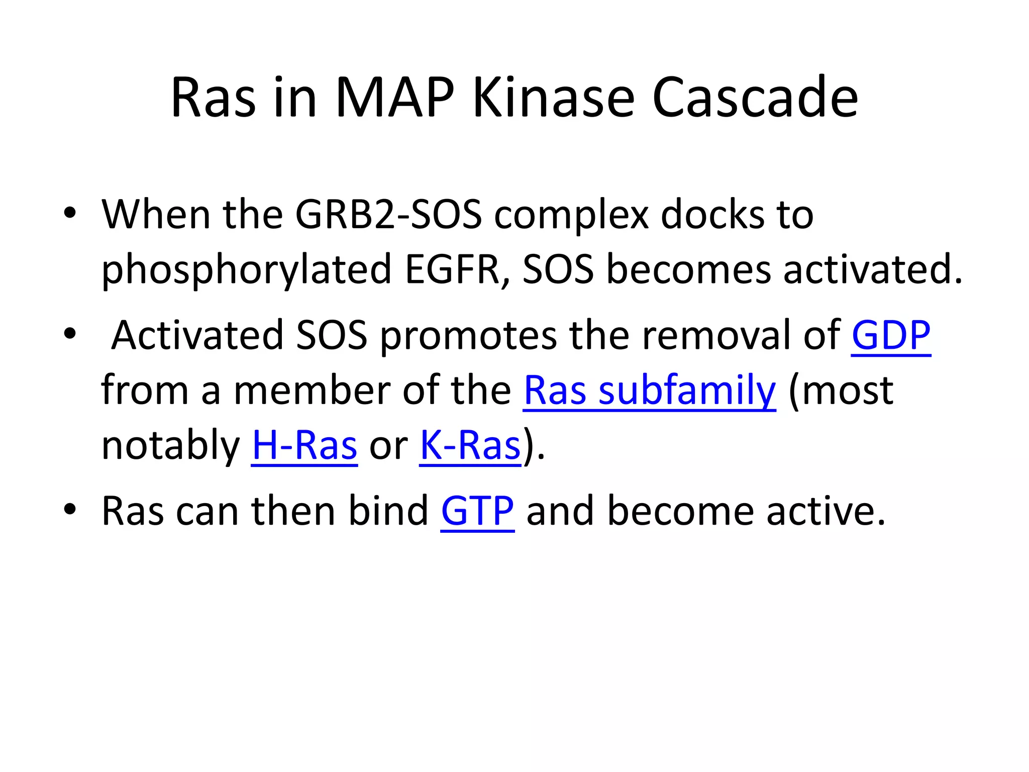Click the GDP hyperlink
(x=891, y=336)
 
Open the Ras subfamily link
(x=649, y=391)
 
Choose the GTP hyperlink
(x=477, y=512)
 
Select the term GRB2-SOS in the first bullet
(x=388, y=215)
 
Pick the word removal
(x=716, y=336)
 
